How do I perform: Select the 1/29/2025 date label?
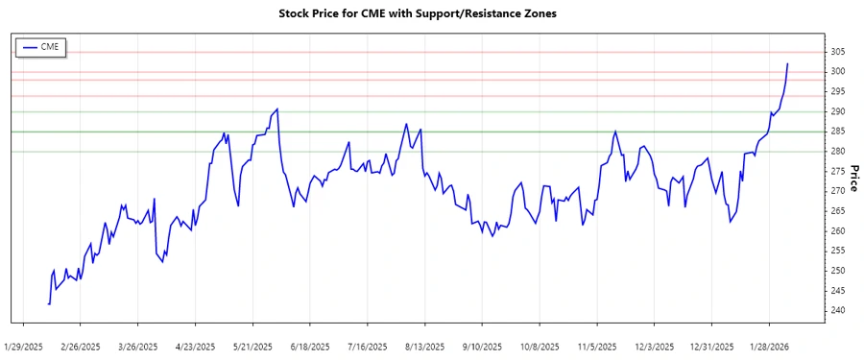(x=24, y=346)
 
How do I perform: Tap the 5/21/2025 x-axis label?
(x=252, y=346)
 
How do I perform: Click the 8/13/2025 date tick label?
(x=424, y=346)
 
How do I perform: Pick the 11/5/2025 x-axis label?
(x=597, y=346)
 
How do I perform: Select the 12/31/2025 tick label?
(x=710, y=346)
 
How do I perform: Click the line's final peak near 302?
(x=787, y=64)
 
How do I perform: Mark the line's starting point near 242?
(x=48, y=303)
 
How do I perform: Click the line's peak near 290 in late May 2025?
(x=277, y=109)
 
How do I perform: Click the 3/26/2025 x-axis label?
(x=138, y=346)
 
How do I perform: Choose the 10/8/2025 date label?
(x=539, y=346)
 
